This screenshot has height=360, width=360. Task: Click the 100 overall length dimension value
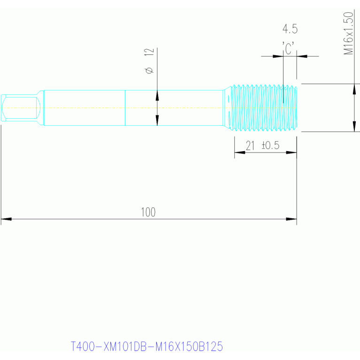[x=148, y=212]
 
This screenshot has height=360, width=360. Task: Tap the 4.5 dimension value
[x=290, y=29]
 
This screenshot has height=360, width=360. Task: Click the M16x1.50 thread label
[x=348, y=34]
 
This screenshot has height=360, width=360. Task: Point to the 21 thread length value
[x=250, y=146]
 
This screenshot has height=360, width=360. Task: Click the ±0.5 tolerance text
[x=270, y=146]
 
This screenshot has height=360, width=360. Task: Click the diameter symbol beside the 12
[x=149, y=70]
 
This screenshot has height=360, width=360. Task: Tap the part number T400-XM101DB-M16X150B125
[x=146, y=347]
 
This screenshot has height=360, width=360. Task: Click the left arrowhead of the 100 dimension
[x=6, y=219]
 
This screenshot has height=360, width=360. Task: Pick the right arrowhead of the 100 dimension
[x=291, y=219]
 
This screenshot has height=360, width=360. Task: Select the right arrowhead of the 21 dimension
[x=291, y=152]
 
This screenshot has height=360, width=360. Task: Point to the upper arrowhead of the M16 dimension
[x=354, y=89]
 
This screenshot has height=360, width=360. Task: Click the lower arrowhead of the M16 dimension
[x=354, y=126]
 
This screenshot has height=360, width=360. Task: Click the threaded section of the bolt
[x=260, y=107]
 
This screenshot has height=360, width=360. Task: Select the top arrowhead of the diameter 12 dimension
[x=157, y=95]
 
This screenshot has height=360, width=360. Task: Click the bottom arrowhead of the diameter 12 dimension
[x=157, y=120]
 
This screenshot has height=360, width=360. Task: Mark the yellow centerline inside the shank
[x=94, y=107]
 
